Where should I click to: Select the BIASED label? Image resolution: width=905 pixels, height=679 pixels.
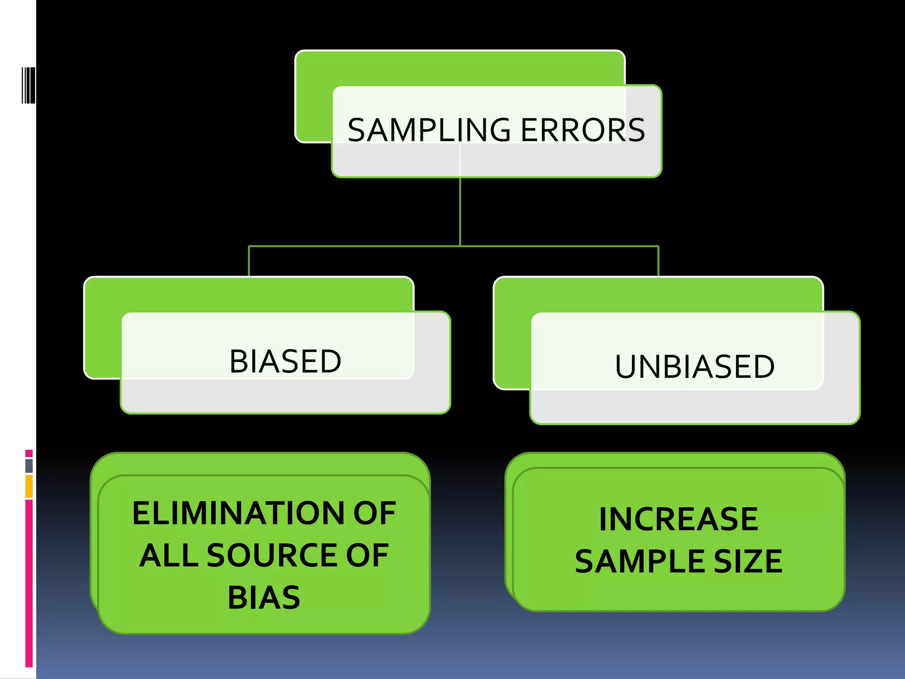pos(285,361)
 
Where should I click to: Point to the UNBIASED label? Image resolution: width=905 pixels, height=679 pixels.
pos(694,366)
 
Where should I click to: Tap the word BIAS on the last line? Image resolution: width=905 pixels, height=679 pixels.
pos(264,598)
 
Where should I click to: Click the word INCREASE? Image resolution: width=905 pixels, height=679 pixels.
pos(678,519)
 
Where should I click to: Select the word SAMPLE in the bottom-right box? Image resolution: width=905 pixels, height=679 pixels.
pos(640,561)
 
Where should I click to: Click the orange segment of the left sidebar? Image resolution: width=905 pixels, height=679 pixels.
pos(29,486)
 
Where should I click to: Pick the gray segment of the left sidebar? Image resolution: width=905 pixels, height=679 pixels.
pos(29,465)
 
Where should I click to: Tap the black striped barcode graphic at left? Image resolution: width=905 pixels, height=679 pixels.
pos(28,85)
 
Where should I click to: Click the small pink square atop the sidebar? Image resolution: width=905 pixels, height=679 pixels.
pos(29,453)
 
